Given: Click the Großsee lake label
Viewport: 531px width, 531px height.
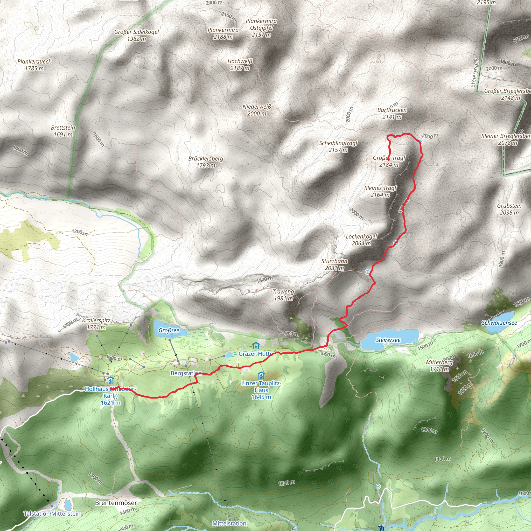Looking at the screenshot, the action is (x=169, y=330).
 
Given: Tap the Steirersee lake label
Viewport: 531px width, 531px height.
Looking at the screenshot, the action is (x=388, y=340).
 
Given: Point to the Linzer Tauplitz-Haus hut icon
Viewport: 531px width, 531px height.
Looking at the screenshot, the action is (x=261, y=375).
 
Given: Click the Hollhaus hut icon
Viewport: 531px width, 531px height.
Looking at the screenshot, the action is (x=110, y=381).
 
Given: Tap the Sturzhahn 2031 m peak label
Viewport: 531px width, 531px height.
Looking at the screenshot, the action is (x=334, y=264).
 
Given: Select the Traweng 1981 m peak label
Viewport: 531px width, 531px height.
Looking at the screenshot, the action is (x=283, y=295).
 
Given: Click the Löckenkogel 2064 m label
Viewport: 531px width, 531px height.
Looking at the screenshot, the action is (x=361, y=240).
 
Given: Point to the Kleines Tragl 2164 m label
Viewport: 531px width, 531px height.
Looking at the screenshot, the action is (x=380, y=191).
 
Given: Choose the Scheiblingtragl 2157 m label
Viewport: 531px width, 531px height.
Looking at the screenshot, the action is (x=338, y=146).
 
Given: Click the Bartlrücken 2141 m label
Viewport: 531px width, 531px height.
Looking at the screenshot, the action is (x=392, y=114).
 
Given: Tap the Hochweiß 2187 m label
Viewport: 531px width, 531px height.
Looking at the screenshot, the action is (x=240, y=65).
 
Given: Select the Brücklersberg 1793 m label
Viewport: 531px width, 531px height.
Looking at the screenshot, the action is (x=206, y=162).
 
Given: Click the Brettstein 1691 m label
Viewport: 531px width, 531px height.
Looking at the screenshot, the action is (x=63, y=131).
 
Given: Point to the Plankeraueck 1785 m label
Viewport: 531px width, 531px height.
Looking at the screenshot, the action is (x=34, y=65).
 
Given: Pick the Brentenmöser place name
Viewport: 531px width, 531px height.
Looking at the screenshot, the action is (x=116, y=502).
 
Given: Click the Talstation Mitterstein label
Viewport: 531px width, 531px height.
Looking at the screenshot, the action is (x=52, y=513).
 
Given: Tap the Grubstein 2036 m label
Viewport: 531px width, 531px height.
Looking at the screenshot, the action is (x=509, y=209).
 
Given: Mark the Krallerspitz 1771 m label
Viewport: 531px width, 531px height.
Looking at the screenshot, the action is (x=96, y=324).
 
